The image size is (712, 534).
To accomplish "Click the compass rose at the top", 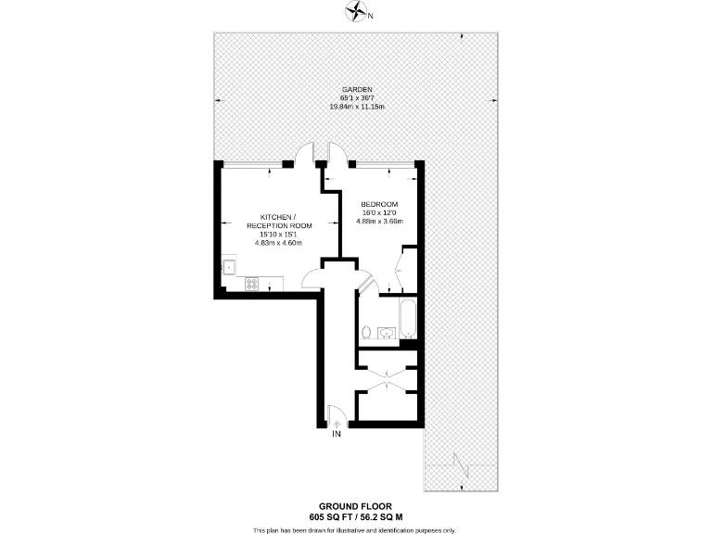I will (356, 12).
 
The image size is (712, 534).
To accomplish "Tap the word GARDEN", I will (357, 90).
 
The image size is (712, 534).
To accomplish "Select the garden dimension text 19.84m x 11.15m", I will (357, 107).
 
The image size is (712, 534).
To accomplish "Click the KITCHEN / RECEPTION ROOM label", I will (279, 221).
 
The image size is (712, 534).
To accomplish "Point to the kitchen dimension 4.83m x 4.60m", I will (279, 243).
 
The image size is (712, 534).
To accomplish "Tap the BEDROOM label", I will (379, 204).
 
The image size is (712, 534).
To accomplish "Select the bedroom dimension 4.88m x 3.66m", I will (379, 222).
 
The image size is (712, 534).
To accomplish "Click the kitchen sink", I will (228, 268).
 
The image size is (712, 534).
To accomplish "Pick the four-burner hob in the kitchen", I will (251, 285).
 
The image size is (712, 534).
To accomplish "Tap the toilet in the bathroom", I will (368, 331).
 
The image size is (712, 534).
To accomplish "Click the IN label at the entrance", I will (337, 433).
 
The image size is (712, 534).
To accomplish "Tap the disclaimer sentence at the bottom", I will (356, 530).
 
